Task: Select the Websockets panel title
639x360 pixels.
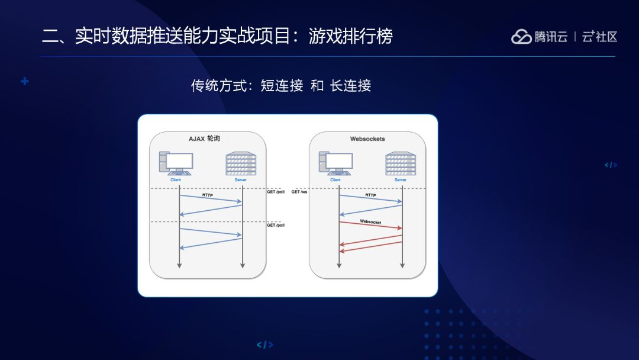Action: pos(367,139)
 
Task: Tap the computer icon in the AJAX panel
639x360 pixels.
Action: pos(176,163)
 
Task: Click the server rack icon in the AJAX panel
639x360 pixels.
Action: pos(241,163)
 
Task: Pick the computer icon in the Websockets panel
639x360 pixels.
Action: pos(335,163)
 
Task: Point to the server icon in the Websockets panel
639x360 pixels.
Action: pos(401,163)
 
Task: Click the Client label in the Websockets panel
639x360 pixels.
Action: pos(335,179)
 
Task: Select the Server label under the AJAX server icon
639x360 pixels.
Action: pos(241,179)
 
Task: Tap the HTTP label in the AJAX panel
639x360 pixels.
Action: pos(208,195)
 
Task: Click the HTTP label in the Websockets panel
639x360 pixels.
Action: pos(370,195)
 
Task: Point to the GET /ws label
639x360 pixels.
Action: pos(299,192)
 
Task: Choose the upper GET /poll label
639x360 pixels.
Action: pos(276,192)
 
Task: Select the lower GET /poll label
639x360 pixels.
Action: pos(276,225)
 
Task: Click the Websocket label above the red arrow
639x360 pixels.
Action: pos(370,222)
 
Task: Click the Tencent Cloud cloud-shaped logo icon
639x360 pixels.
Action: pos(521,37)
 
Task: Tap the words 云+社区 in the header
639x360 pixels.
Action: pos(599,37)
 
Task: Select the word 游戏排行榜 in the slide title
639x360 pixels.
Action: pos(351,37)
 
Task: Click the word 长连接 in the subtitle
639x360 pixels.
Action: pos(350,85)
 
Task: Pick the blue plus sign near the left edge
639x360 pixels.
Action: pos(24,81)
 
